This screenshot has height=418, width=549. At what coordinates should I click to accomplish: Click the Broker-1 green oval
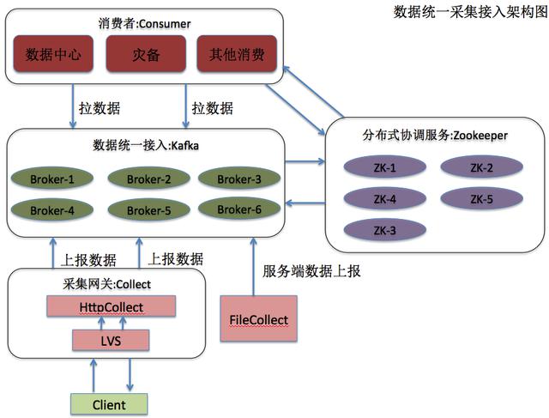(52, 179)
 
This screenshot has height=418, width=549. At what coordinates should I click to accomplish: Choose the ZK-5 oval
(480, 198)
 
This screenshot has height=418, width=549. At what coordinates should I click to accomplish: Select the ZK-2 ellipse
(480, 167)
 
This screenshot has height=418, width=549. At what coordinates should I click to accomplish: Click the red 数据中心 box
(53, 55)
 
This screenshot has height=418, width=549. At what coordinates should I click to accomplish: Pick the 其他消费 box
(236, 55)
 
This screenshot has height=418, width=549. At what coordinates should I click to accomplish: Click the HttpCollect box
(112, 306)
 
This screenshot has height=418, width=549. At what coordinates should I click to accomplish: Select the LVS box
(112, 341)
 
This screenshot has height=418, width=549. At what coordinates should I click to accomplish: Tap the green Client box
(108, 404)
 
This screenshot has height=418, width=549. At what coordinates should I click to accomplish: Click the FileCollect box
(258, 320)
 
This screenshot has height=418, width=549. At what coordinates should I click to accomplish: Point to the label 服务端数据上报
(311, 270)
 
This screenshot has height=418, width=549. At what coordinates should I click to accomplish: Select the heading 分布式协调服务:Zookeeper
(436, 136)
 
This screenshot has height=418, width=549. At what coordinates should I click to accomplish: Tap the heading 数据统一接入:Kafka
(145, 146)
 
